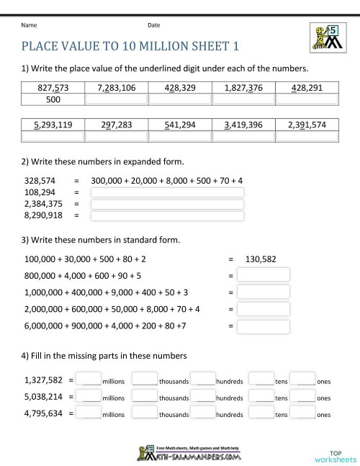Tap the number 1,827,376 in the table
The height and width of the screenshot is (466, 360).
click(x=243, y=88)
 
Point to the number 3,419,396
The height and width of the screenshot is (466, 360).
click(x=243, y=125)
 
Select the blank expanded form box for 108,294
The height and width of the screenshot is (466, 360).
click(x=166, y=192)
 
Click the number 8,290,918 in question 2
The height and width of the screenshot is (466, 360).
click(x=42, y=215)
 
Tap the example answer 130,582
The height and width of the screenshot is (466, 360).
click(x=261, y=259)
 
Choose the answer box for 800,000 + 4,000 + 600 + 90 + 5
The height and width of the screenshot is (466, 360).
click(x=264, y=275)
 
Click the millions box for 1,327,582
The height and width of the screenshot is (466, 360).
click(x=89, y=379)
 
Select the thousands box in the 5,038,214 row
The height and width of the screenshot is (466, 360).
click(x=145, y=396)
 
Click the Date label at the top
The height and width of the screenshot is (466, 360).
click(x=153, y=25)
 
